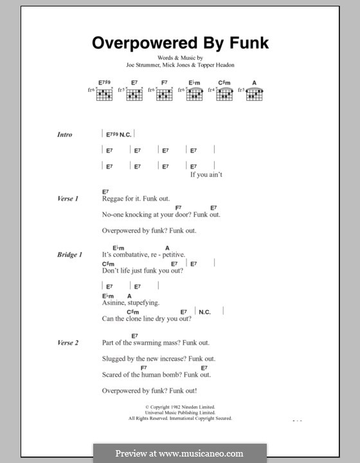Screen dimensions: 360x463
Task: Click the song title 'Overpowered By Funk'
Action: [179, 43]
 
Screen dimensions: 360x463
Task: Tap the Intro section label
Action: [65, 134]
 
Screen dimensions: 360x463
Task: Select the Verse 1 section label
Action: [67, 199]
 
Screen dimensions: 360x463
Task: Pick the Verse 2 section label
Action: [67, 343]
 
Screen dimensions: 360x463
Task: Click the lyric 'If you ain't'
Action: [206, 175]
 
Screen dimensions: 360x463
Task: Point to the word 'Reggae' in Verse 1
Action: [114, 199]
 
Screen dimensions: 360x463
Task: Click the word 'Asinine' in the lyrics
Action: [114, 302]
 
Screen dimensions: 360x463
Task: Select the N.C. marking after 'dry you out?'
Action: [205, 312]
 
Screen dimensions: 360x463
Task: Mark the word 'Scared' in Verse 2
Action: [113, 374]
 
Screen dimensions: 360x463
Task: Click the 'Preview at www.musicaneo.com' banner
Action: [179, 453]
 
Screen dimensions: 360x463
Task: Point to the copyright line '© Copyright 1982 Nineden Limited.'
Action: [179, 407]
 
